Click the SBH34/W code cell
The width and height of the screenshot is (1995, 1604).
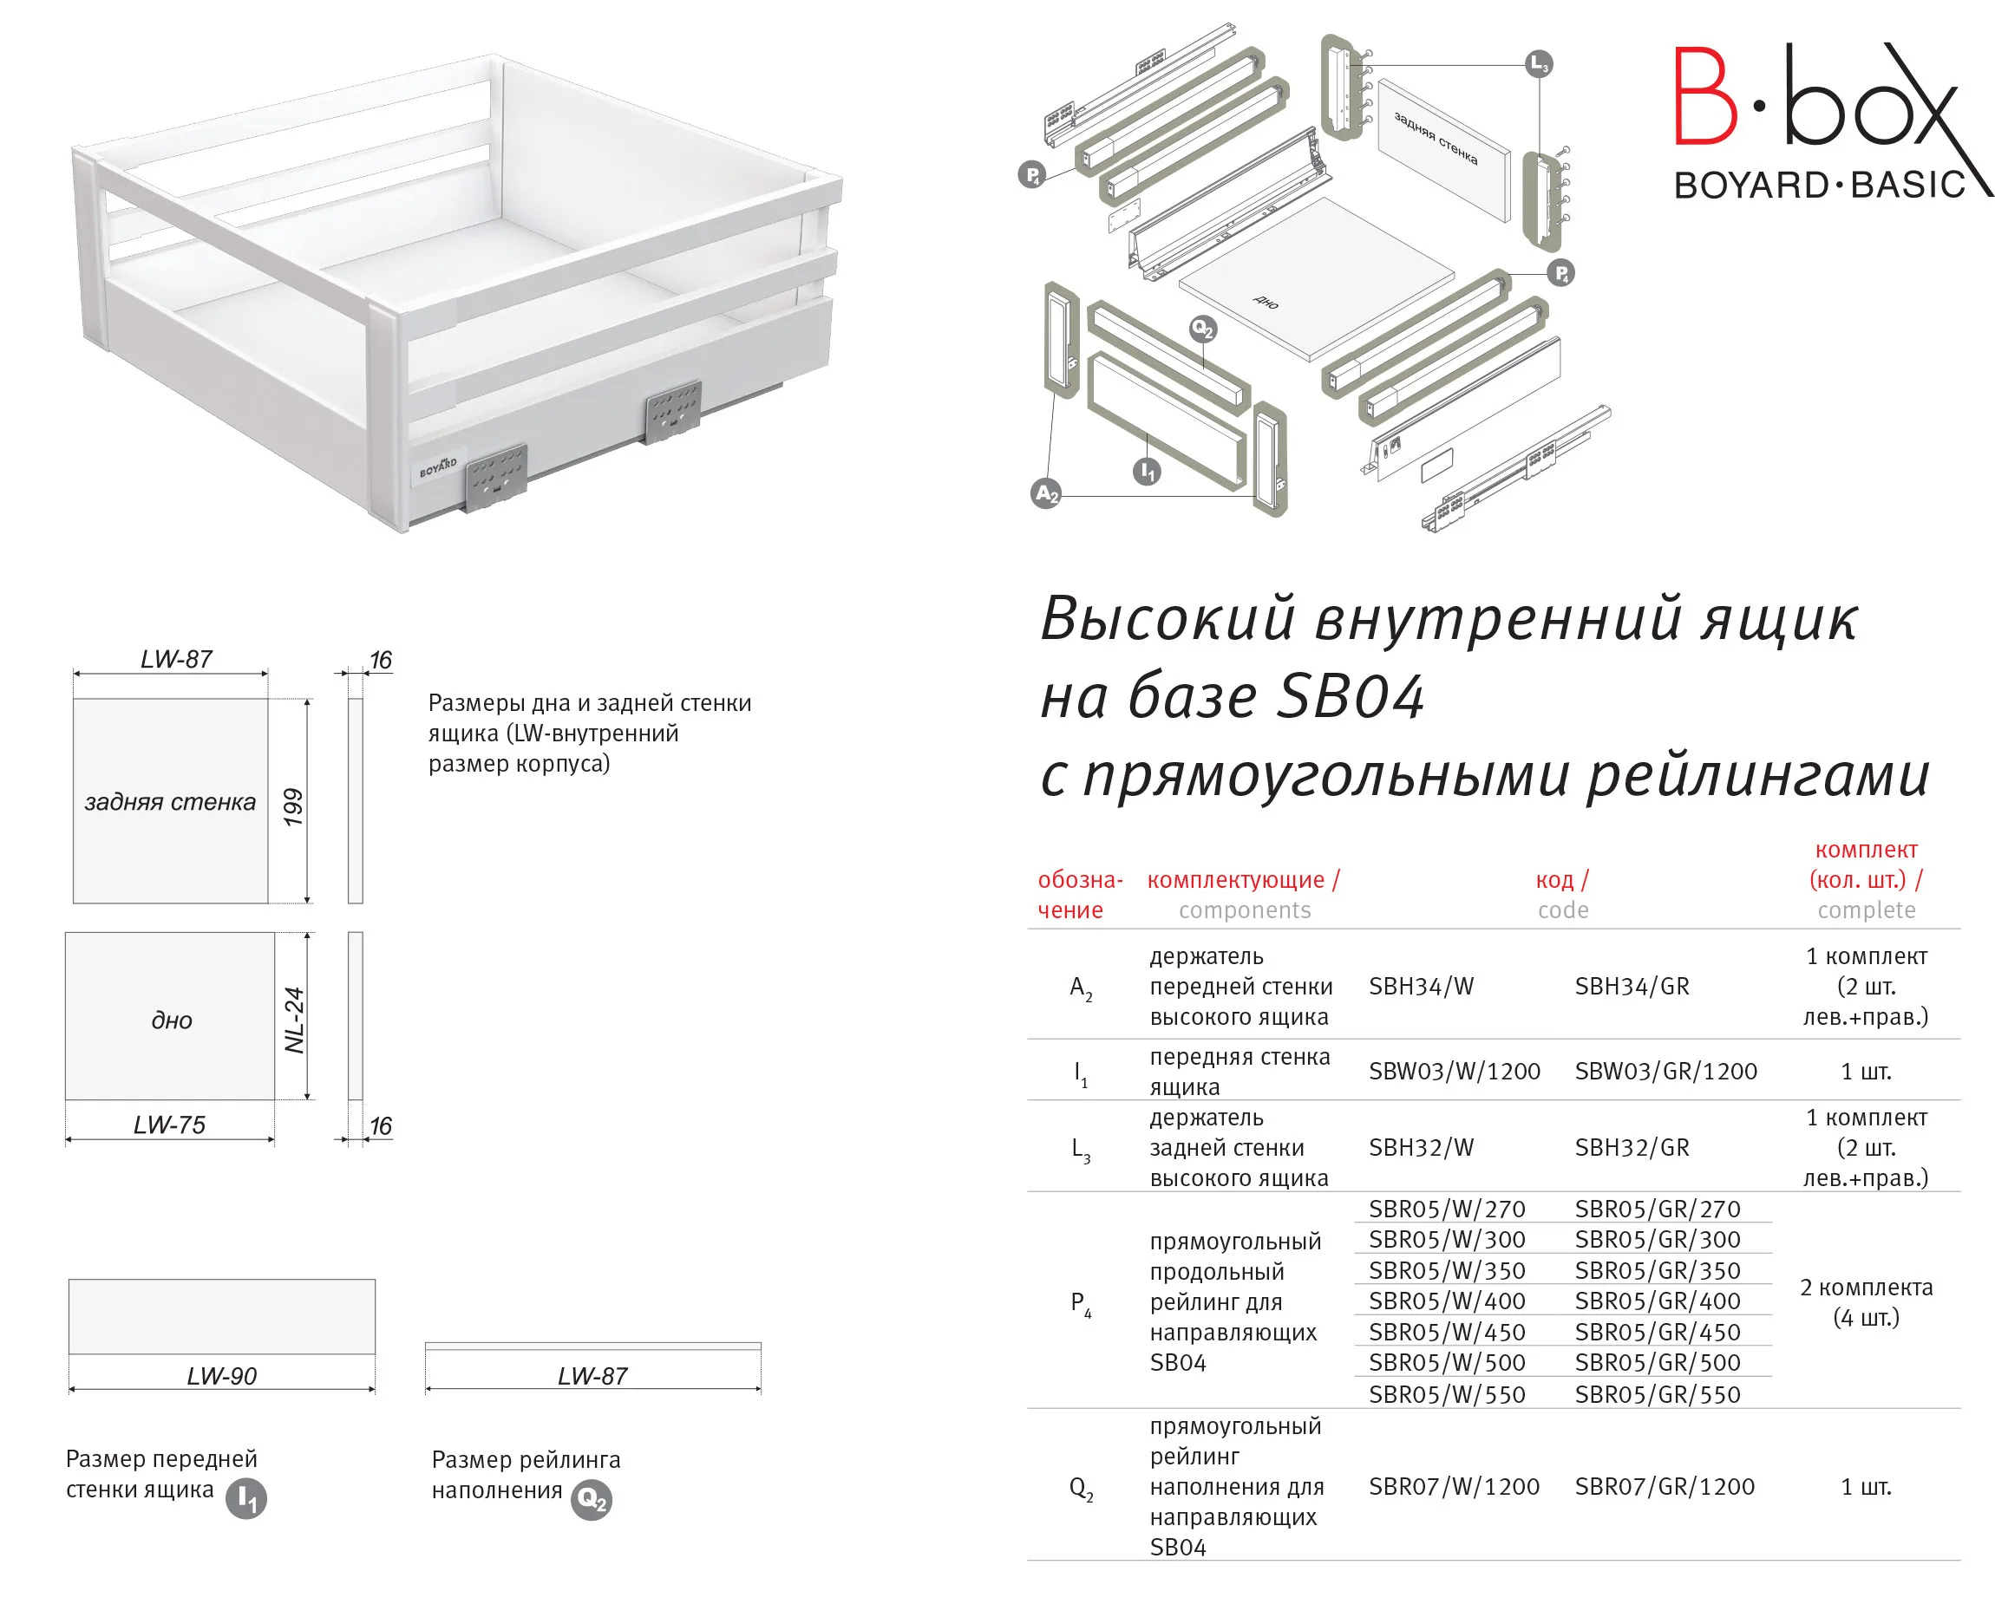click(1421, 986)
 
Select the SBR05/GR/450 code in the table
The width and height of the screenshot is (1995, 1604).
click(1658, 1332)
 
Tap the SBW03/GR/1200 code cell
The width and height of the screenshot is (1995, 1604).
click(1665, 1071)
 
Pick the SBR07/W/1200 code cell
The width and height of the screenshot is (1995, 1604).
click(1454, 1487)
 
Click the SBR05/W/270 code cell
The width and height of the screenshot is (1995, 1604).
click(1446, 1209)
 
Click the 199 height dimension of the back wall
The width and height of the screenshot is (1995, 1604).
click(293, 806)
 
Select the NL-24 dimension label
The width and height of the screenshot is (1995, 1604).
click(294, 1020)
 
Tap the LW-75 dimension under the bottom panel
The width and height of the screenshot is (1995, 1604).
click(169, 1125)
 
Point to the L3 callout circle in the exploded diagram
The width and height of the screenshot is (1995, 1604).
click(1539, 64)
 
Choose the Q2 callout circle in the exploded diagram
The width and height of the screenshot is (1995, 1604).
click(1203, 329)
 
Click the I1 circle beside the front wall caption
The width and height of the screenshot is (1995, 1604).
click(246, 1498)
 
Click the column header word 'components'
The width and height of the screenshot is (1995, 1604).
click(1245, 910)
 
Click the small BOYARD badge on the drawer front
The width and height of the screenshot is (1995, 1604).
click(438, 467)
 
